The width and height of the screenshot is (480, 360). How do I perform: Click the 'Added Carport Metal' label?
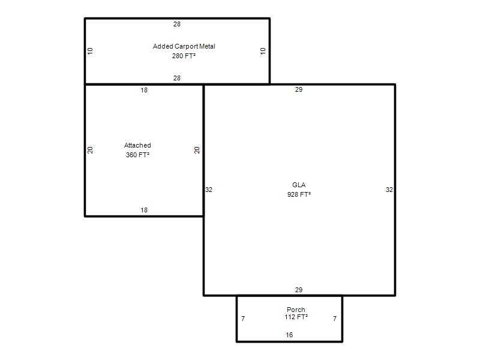[x=184, y=46]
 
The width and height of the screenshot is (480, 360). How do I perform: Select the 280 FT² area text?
[x=184, y=56]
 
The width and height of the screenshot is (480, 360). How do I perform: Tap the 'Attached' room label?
[x=137, y=145]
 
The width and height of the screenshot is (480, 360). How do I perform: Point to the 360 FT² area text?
[x=137, y=155]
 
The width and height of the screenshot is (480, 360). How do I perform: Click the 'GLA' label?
[x=299, y=185]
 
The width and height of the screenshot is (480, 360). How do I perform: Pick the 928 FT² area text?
[x=299, y=194]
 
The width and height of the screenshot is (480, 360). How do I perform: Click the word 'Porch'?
[x=296, y=310]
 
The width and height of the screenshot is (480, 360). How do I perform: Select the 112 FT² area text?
[x=296, y=317]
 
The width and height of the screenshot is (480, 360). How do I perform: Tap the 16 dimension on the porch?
[x=289, y=335]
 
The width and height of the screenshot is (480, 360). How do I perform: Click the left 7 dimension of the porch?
[x=243, y=319]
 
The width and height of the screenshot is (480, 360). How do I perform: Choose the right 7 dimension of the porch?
[x=335, y=319]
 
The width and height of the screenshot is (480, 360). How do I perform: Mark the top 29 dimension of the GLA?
[x=299, y=89]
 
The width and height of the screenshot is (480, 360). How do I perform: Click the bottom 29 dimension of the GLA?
[x=299, y=290]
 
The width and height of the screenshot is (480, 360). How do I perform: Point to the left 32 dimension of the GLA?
[x=209, y=190]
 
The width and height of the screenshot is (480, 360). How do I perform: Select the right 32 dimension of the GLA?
[x=389, y=190]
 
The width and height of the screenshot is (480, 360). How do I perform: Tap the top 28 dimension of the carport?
[x=177, y=24]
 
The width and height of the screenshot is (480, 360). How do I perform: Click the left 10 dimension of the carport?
[x=90, y=51]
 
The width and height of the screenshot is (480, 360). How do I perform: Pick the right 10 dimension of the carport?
[x=263, y=51]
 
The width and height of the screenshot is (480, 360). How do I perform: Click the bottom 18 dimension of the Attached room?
[x=144, y=210]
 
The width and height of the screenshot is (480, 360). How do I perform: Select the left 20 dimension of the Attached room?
[x=90, y=150]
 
